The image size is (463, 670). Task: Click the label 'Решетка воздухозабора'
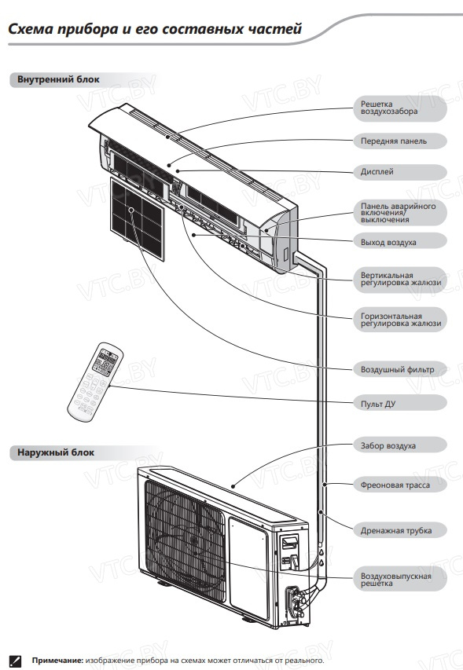coord(389,108)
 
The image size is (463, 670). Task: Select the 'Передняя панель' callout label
coord(394,141)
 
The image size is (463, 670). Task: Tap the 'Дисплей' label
coord(377,172)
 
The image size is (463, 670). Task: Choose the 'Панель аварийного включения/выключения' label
coord(398,212)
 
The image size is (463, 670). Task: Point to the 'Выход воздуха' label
coord(388,242)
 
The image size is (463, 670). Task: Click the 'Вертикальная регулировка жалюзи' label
coord(401,279)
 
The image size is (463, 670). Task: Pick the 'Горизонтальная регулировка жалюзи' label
coord(401,320)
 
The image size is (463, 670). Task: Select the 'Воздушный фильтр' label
coord(397,370)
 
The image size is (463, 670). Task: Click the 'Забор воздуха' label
coord(388,445)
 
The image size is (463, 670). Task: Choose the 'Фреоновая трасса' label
coord(395,485)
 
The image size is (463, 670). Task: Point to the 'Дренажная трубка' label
coord(396,531)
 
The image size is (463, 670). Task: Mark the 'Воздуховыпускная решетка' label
coord(396,580)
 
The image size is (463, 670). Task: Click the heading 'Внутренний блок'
coord(58,79)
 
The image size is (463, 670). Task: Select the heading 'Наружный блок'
coord(56,452)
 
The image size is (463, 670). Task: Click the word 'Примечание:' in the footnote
coord(57,661)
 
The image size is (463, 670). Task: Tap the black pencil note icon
coord(15,661)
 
